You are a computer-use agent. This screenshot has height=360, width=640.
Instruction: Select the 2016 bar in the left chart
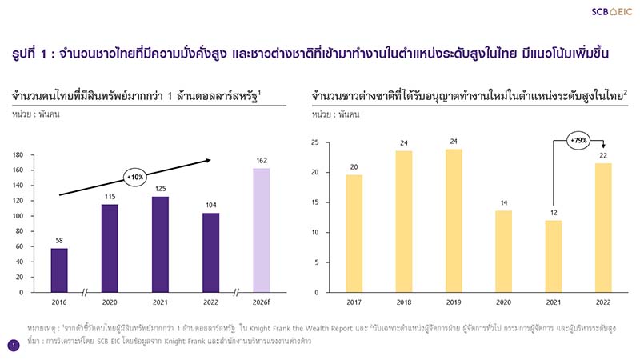(59, 270)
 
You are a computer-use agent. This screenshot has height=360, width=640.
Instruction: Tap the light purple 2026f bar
(262, 230)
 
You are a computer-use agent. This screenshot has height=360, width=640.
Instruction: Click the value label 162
(262, 161)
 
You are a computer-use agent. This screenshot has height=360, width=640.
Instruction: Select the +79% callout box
(578, 140)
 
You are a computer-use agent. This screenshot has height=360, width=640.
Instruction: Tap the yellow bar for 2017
(354, 234)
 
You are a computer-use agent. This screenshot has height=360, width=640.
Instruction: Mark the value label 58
(59, 240)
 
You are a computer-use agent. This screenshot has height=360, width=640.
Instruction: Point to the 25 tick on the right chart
(315, 142)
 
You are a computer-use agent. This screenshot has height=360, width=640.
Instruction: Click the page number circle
(13, 345)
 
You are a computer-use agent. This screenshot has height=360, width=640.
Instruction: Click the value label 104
(210, 205)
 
